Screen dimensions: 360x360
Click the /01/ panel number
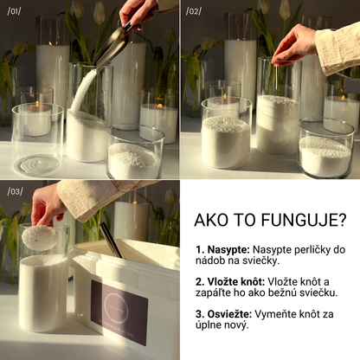pyautogui.click(x=14, y=11)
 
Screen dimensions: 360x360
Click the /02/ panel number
pyautogui.click(x=194, y=11)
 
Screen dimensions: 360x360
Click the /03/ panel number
pyautogui.click(x=15, y=191)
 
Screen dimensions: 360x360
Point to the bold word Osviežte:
pyautogui.click(x=224, y=314)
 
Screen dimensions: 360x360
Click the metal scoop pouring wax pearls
pyautogui.click(x=112, y=45)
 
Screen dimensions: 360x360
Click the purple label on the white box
pyautogui.click(x=119, y=312)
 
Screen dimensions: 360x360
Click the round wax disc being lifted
pyautogui.click(x=39, y=238)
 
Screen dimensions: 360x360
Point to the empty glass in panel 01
pyautogui.click(x=37, y=140)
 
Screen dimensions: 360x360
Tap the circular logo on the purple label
pyautogui.click(x=116, y=306)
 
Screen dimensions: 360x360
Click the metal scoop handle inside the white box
pyautogui.click(x=111, y=240)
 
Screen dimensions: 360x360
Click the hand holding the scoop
pyautogui.click(x=138, y=12)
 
